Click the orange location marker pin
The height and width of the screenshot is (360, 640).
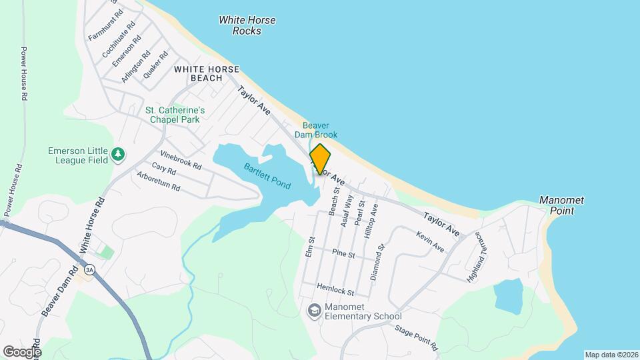tap(320, 159)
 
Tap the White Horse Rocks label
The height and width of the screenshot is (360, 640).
tap(247, 25)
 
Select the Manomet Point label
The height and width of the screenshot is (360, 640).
tap(557, 205)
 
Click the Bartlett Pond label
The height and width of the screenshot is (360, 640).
tap(267, 176)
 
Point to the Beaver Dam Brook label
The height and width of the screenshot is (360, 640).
tap(321, 130)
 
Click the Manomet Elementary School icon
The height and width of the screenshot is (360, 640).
tap(313, 311)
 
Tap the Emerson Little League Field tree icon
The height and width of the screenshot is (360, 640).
tap(118, 155)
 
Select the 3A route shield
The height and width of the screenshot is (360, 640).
tap(89, 269)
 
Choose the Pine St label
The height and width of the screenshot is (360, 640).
tap(343, 253)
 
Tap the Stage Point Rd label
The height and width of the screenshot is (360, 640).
tap(415, 338)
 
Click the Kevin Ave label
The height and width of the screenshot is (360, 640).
tap(430, 241)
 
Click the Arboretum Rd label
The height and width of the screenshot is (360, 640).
tap(158, 182)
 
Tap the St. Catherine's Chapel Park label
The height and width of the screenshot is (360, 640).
tap(175, 115)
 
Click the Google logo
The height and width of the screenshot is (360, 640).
tap(22, 351)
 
